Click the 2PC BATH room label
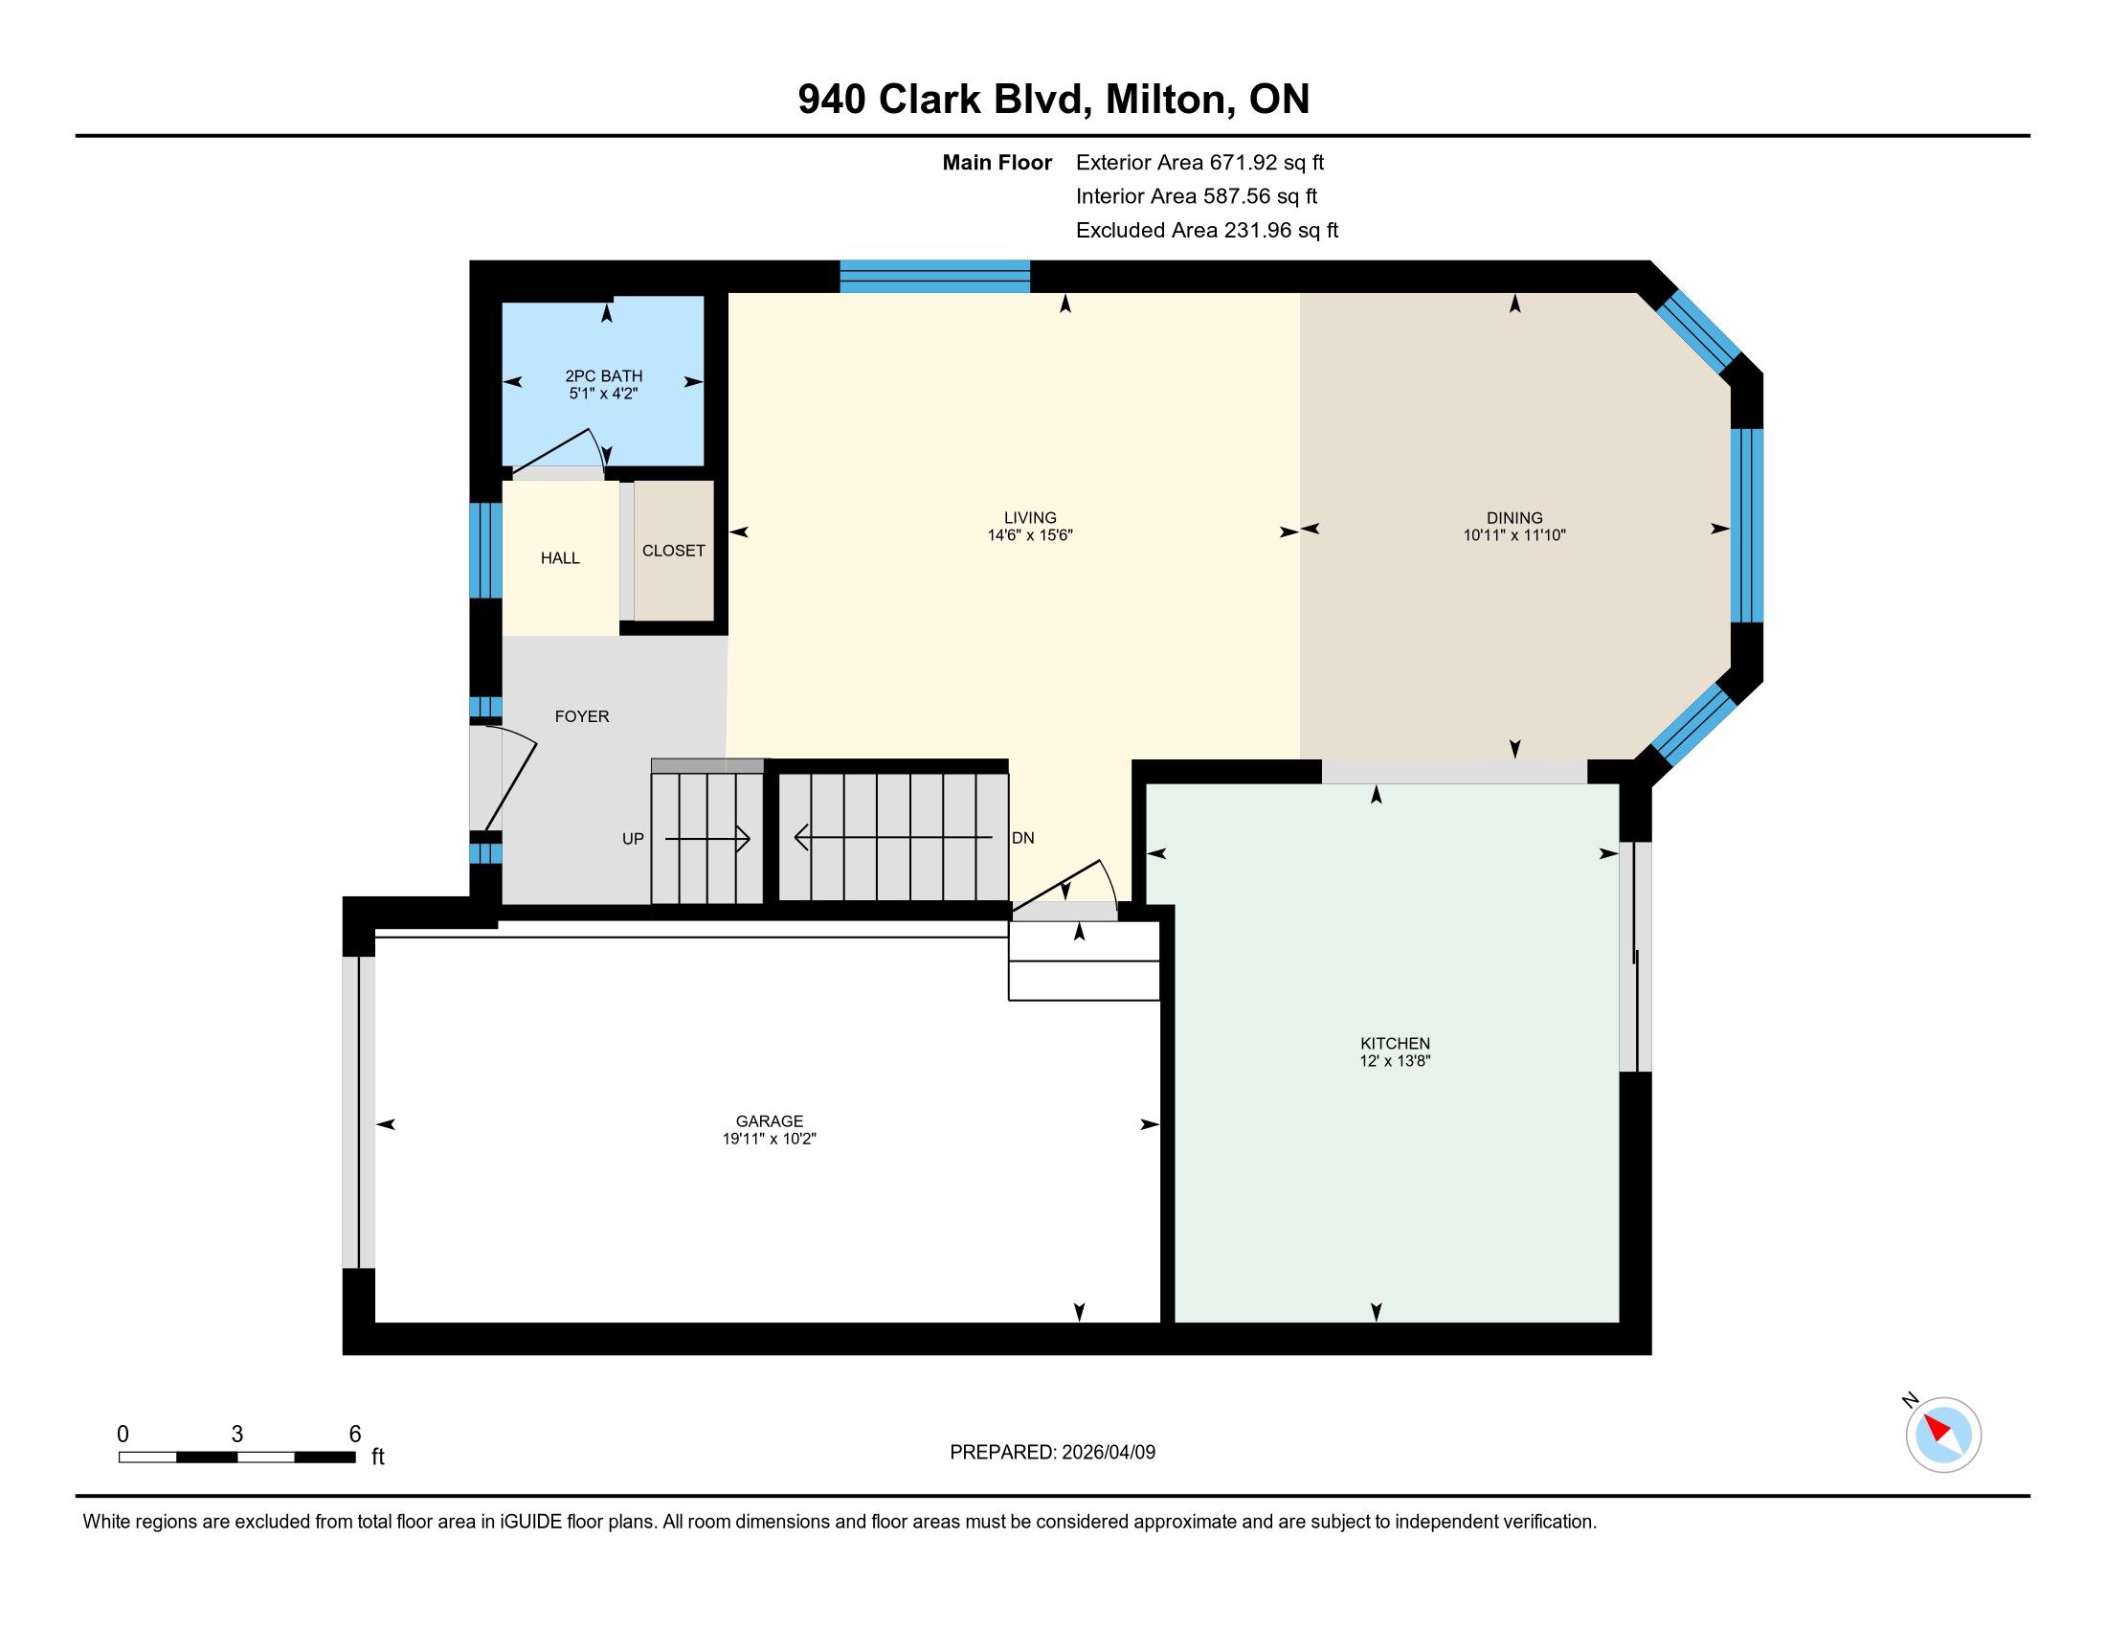pyautogui.click(x=604, y=376)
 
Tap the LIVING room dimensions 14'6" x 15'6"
pyautogui.click(x=1030, y=535)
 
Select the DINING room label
pyautogui.click(x=1514, y=518)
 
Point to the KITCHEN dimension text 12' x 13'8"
pyautogui.click(x=1395, y=1061)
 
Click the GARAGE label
pyautogui.click(x=770, y=1120)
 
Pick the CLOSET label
pyautogui.click(x=674, y=551)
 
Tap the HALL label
pyautogui.click(x=560, y=558)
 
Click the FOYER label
pyautogui.click(x=582, y=716)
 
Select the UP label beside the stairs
pyautogui.click(x=633, y=839)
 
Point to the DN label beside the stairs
pyautogui.click(x=1023, y=838)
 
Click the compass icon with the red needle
pyautogui.click(x=1943, y=1435)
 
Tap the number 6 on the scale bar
pyautogui.click(x=355, y=1434)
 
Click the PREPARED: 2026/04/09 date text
pyautogui.click(x=1052, y=1452)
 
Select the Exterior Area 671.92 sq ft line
pyautogui.click(x=1200, y=163)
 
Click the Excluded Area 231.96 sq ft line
pyautogui.click(x=1207, y=231)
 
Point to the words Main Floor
pyautogui.click(x=997, y=163)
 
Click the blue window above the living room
pyautogui.click(x=934, y=276)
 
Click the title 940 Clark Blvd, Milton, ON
pyautogui.click(x=1053, y=99)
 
